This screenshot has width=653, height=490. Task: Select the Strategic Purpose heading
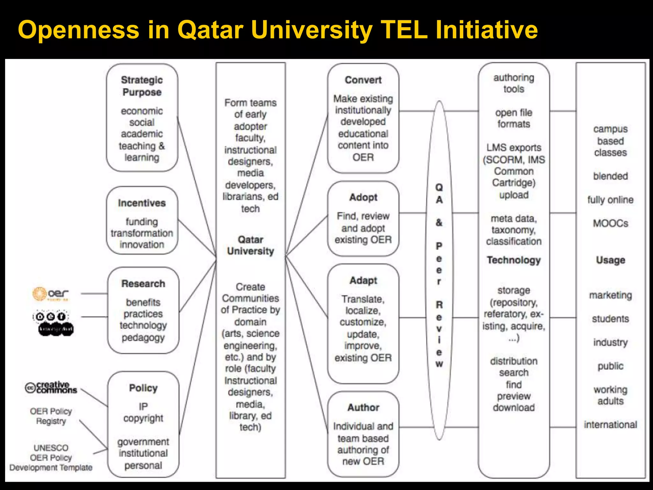click(142, 86)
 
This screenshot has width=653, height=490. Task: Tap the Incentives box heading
click(142, 203)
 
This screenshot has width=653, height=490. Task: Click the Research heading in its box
click(143, 283)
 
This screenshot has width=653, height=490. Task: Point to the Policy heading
click(143, 388)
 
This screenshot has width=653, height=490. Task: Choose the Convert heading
click(363, 80)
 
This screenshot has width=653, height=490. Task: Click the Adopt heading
click(363, 197)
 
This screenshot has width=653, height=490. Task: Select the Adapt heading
click(363, 280)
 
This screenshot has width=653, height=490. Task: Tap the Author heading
click(363, 407)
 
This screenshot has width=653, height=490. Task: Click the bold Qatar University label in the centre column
click(250, 245)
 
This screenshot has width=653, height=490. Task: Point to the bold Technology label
click(514, 260)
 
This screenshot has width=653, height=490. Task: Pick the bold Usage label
click(611, 260)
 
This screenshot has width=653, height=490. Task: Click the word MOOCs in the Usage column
click(611, 223)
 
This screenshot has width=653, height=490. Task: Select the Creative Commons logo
click(51, 387)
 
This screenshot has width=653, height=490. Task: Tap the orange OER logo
click(50, 294)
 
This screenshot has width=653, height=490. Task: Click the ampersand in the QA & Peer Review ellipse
click(439, 222)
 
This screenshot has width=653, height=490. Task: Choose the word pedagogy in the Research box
click(143, 337)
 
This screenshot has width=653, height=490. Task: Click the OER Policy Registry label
click(51, 416)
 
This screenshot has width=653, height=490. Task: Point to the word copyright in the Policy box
click(143, 418)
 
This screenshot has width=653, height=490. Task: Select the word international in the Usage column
click(611, 425)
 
